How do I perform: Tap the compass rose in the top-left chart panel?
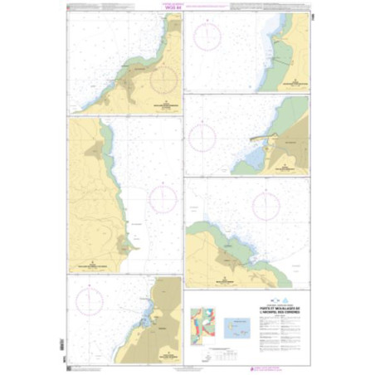click(x=164, y=80)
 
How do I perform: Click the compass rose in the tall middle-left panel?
click(x=162, y=199)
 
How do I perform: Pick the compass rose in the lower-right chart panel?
click(x=265, y=207)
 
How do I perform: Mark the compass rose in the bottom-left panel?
click(x=90, y=303)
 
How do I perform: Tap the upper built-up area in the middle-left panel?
click(x=98, y=149)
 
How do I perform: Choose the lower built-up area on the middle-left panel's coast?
click(x=124, y=245)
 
